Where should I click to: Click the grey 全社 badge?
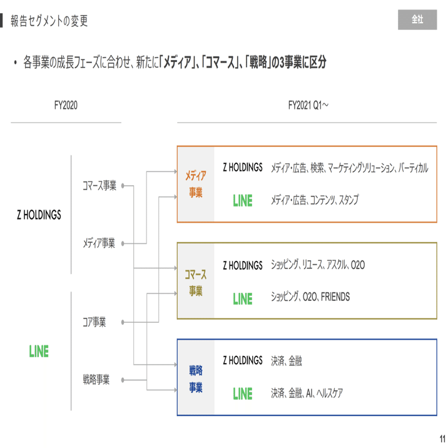click(417, 20)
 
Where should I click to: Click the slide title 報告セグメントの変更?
click(49, 21)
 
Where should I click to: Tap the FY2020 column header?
click(66, 106)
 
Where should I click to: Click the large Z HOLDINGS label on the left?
click(39, 215)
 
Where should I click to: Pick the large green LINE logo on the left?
click(39, 351)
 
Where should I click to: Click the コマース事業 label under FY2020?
click(99, 186)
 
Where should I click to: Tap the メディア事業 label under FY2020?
click(99, 243)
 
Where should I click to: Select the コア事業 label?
click(94, 322)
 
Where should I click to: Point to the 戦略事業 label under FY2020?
click(96, 379)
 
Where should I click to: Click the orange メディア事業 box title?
click(195, 185)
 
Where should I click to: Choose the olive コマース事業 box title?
click(195, 282)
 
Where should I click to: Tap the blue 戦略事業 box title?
click(195, 379)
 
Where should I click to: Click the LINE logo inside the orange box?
click(243, 201)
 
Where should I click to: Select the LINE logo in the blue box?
click(243, 394)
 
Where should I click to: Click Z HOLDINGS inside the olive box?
click(243, 266)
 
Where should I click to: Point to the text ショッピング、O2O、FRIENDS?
click(310, 297)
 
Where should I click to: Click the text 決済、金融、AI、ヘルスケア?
click(307, 394)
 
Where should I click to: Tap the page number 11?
click(442, 438)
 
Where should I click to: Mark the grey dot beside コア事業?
click(124, 323)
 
